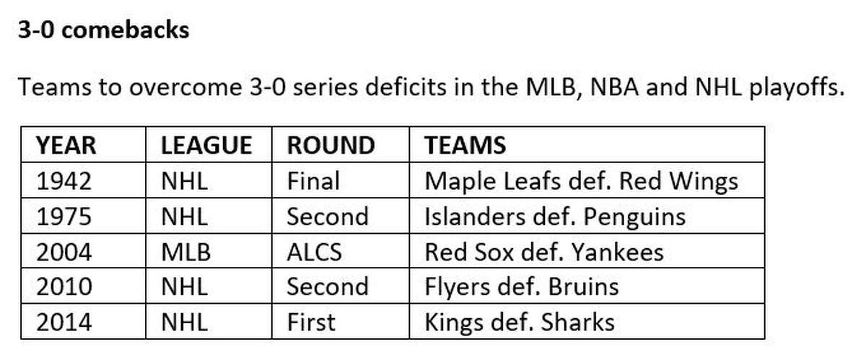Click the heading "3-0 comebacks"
pos(104,30)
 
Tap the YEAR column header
pos(66,146)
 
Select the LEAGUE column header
pos(206,146)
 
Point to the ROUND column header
pos(331,146)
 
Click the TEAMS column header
pos(465,146)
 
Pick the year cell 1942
pos(64,181)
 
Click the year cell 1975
pos(64,216)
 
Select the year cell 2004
pos(64,252)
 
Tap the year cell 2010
pos(64,287)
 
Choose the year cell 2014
pos(64,322)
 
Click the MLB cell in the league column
pos(186,252)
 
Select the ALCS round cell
pos(315,252)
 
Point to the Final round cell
pos(313,181)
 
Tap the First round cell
pos(311,322)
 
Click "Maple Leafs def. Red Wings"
pos(582,182)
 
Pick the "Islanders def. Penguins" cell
pos(555,217)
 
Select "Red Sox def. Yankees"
pos(544,252)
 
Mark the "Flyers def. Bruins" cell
pos(522,288)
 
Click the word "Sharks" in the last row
pos(577,322)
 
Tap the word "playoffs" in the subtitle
pos(797,88)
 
